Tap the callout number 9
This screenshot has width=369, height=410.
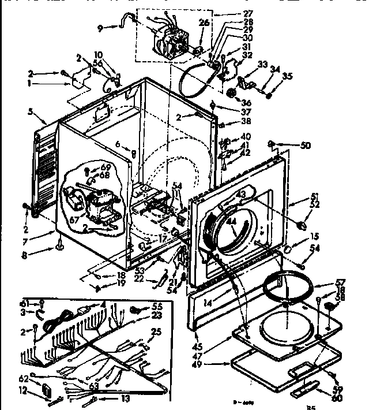[100, 27]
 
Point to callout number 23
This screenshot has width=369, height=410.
[157, 316]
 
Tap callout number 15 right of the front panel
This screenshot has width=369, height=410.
[315, 236]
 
